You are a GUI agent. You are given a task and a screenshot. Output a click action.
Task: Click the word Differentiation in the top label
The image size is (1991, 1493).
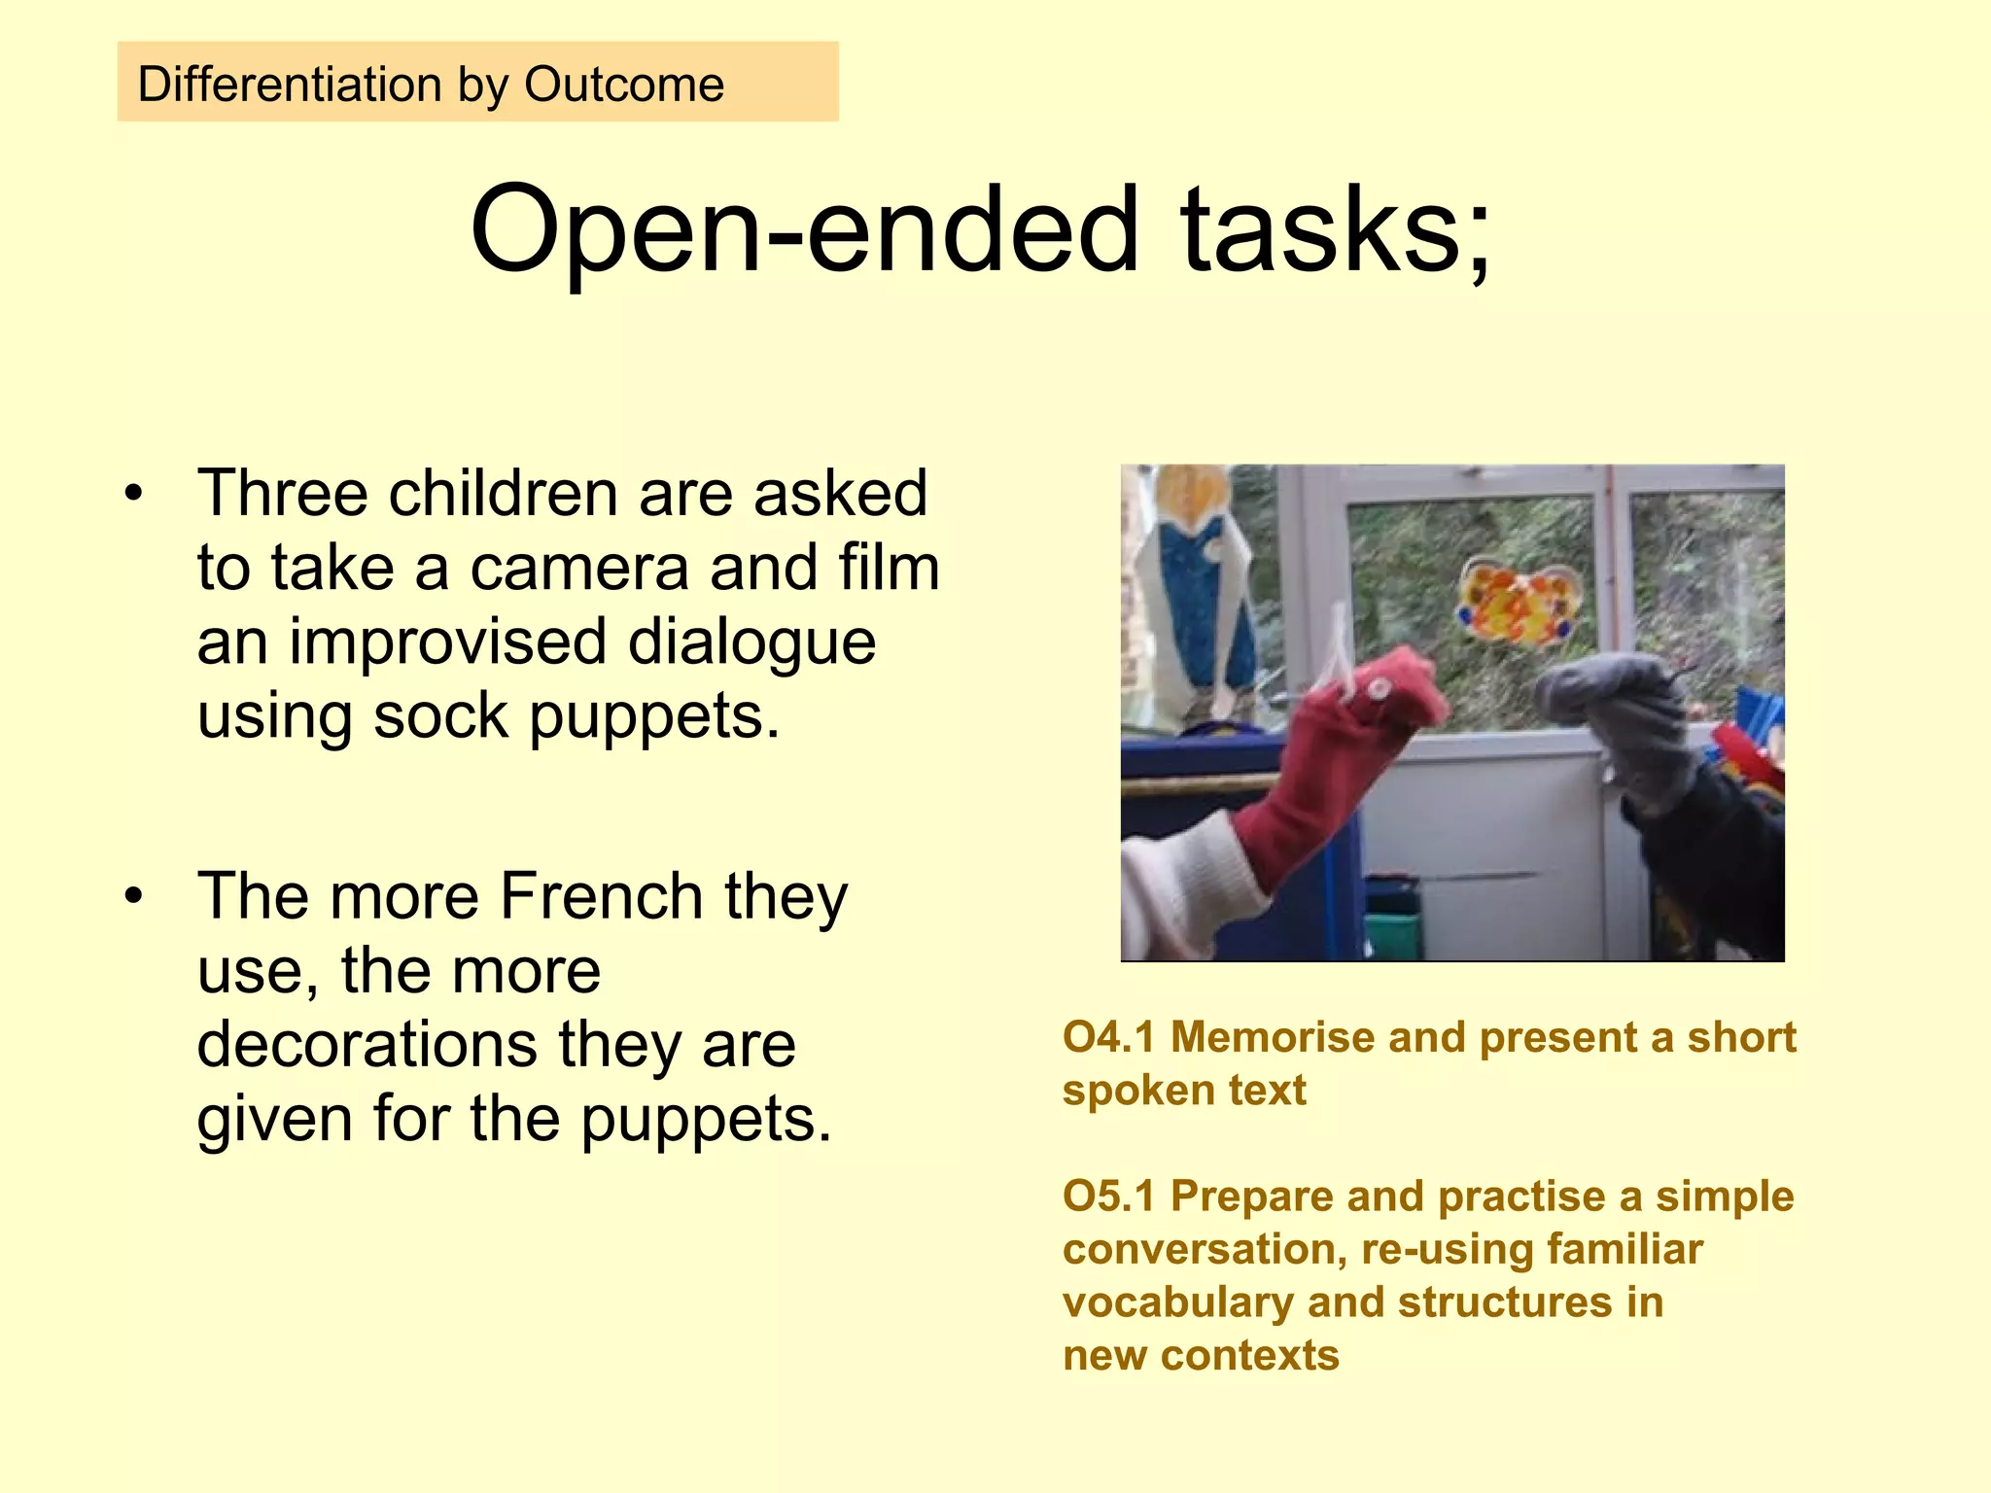290,85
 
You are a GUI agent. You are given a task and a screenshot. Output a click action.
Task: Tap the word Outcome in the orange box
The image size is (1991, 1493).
624,85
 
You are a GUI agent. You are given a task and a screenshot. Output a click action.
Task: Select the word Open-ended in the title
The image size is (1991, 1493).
803,231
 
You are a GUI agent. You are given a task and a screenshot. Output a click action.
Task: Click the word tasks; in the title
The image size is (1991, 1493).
1334,231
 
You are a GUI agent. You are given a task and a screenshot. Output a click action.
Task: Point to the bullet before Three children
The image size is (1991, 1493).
134,494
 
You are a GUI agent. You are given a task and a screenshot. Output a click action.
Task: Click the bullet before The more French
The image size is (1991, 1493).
134,896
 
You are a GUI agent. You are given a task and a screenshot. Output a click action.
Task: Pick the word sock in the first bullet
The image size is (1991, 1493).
440,717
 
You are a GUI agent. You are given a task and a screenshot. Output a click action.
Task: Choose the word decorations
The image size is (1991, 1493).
367,1045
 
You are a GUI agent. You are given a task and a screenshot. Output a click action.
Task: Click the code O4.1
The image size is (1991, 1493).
1108,1037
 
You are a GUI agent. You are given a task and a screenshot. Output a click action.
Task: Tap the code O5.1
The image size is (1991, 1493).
1108,1196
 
